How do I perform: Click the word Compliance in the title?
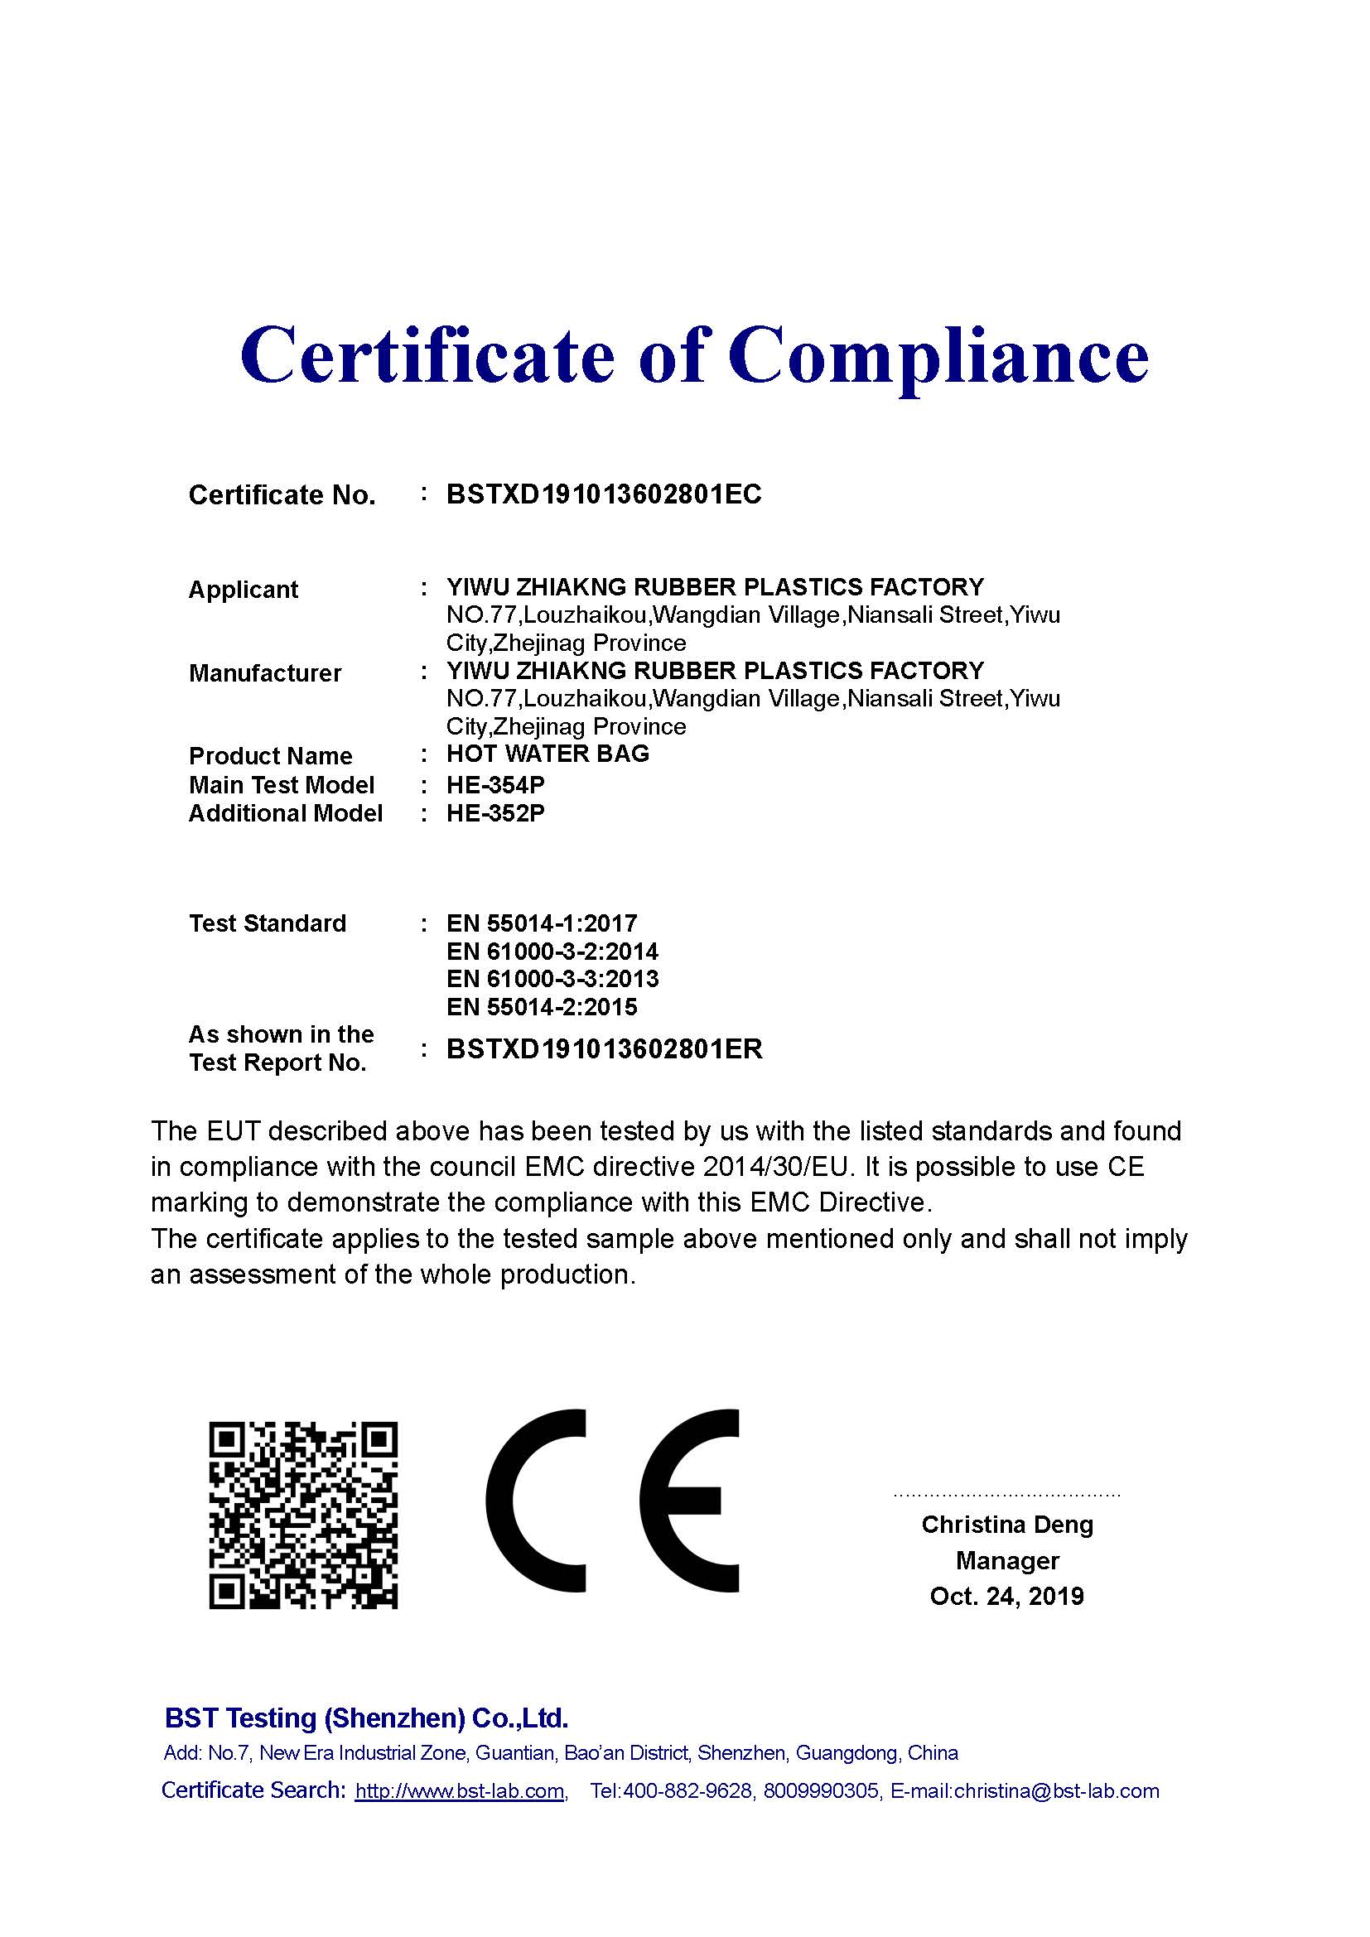click(938, 355)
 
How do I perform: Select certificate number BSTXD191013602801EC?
click(603, 494)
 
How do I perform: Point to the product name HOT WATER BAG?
click(548, 754)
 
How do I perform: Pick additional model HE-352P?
click(495, 813)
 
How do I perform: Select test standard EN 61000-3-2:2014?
click(552, 952)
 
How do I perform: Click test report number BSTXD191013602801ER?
click(604, 1048)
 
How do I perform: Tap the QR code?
click(303, 1515)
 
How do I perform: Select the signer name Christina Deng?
click(1007, 1525)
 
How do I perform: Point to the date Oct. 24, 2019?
click(1006, 1596)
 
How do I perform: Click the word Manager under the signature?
click(1007, 1561)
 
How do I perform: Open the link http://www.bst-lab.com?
click(459, 1791)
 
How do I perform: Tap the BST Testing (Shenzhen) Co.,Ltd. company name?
click(366, 1718)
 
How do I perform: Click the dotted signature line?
click(1006, 1495)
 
